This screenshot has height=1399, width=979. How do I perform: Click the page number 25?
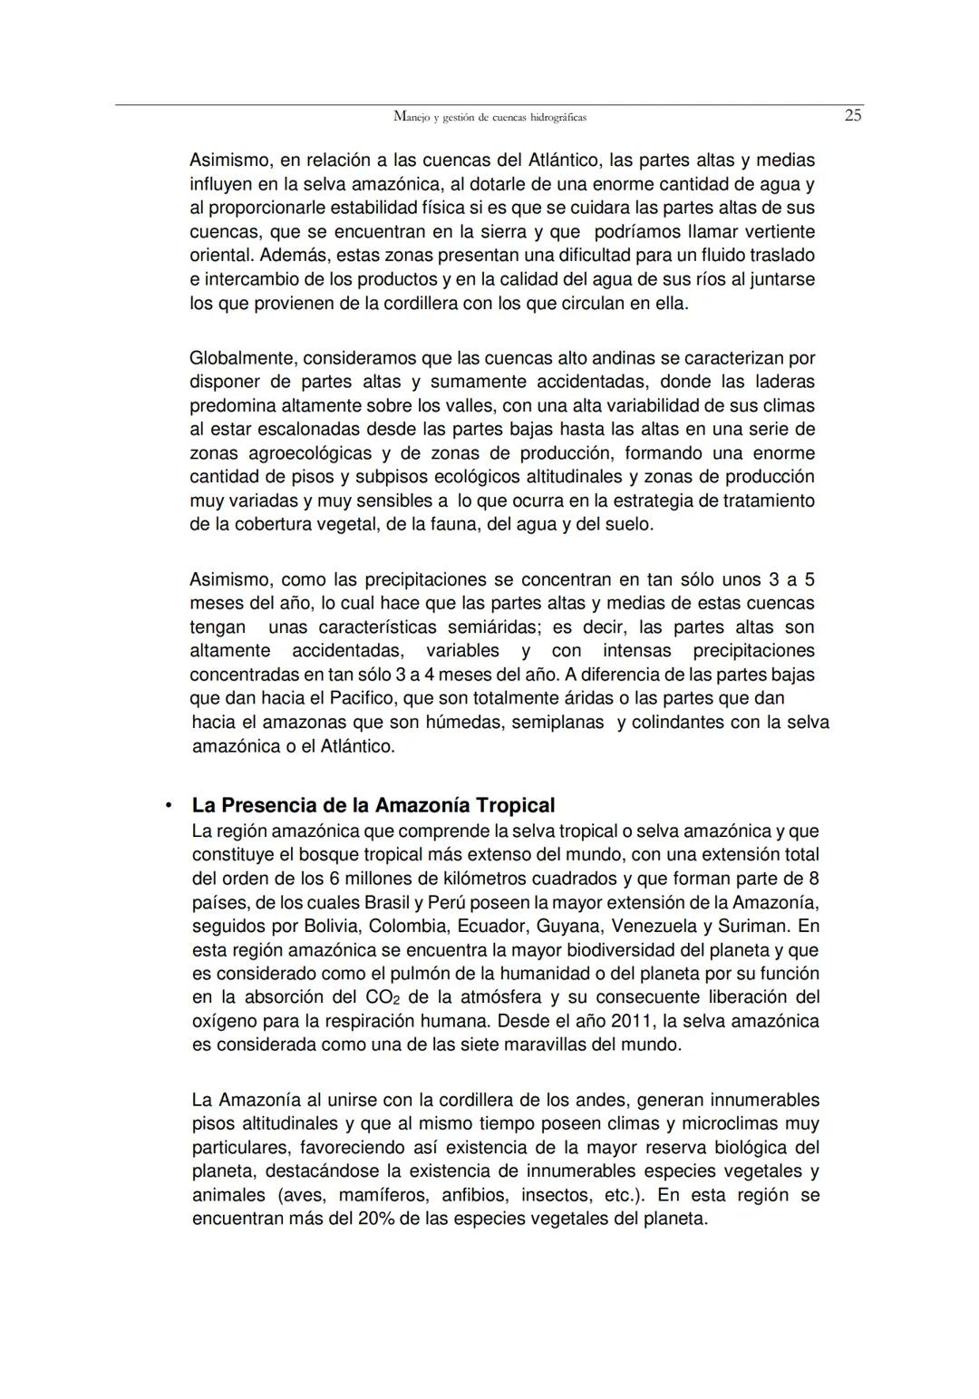[852, 115]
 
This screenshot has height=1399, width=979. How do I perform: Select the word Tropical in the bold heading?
[515, 805]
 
